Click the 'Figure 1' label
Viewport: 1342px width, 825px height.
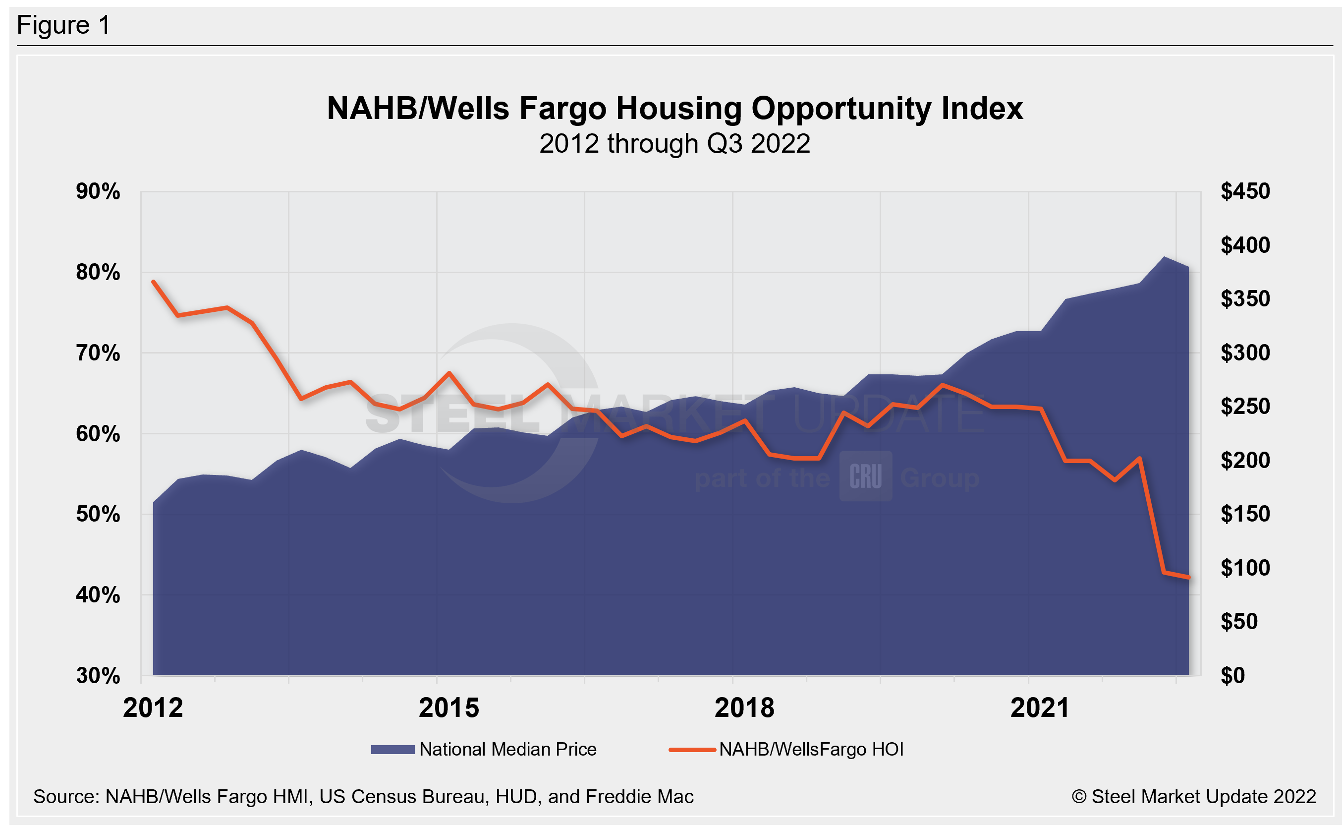pyautogui.click(x=63, y=25)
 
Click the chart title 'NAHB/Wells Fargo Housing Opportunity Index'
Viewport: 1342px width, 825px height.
pyautogui.click(x=674, y=108)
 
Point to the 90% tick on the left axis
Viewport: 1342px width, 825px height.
pyautogui.click(x=98, y=191)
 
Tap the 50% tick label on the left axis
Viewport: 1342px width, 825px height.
pyautogui.click(x=98, y=514)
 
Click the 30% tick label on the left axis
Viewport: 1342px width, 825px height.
pyautogui.click(x=98, y=675)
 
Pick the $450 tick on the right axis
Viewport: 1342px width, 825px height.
pyautogui.click(x=1245, y=191)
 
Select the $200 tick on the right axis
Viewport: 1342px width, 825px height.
pyautogui.click(x=1245, y=461)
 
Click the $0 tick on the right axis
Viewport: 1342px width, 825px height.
pyautogui.click(x=1232, y=675)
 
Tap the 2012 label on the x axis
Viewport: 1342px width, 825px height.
pyautogui.click(x=153, y=707)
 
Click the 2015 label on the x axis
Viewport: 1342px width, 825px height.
pyautogui.click(x=449, y=707)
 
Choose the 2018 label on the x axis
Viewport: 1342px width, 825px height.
pyautogui.click(x=744, y=707)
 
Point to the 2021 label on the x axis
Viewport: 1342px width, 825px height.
pyautogui.click(x=1040, y=707)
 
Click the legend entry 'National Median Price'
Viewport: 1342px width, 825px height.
pyautogui.click(x=507, y=749)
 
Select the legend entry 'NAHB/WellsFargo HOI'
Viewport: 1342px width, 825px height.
pyautogui.click(x=811, y=749)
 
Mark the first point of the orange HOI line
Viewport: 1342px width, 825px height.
pyautogui.click(x=153, y=282)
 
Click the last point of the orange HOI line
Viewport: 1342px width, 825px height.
pyautogui.click(x=1188, y=577)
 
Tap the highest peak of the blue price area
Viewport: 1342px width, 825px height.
pyautogui.click(x=1164, y=257)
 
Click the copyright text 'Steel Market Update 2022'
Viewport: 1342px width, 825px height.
pyautogui.click(x=1194, y=797)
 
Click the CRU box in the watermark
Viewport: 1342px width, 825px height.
pyautogui.click(x=865, y=476)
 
